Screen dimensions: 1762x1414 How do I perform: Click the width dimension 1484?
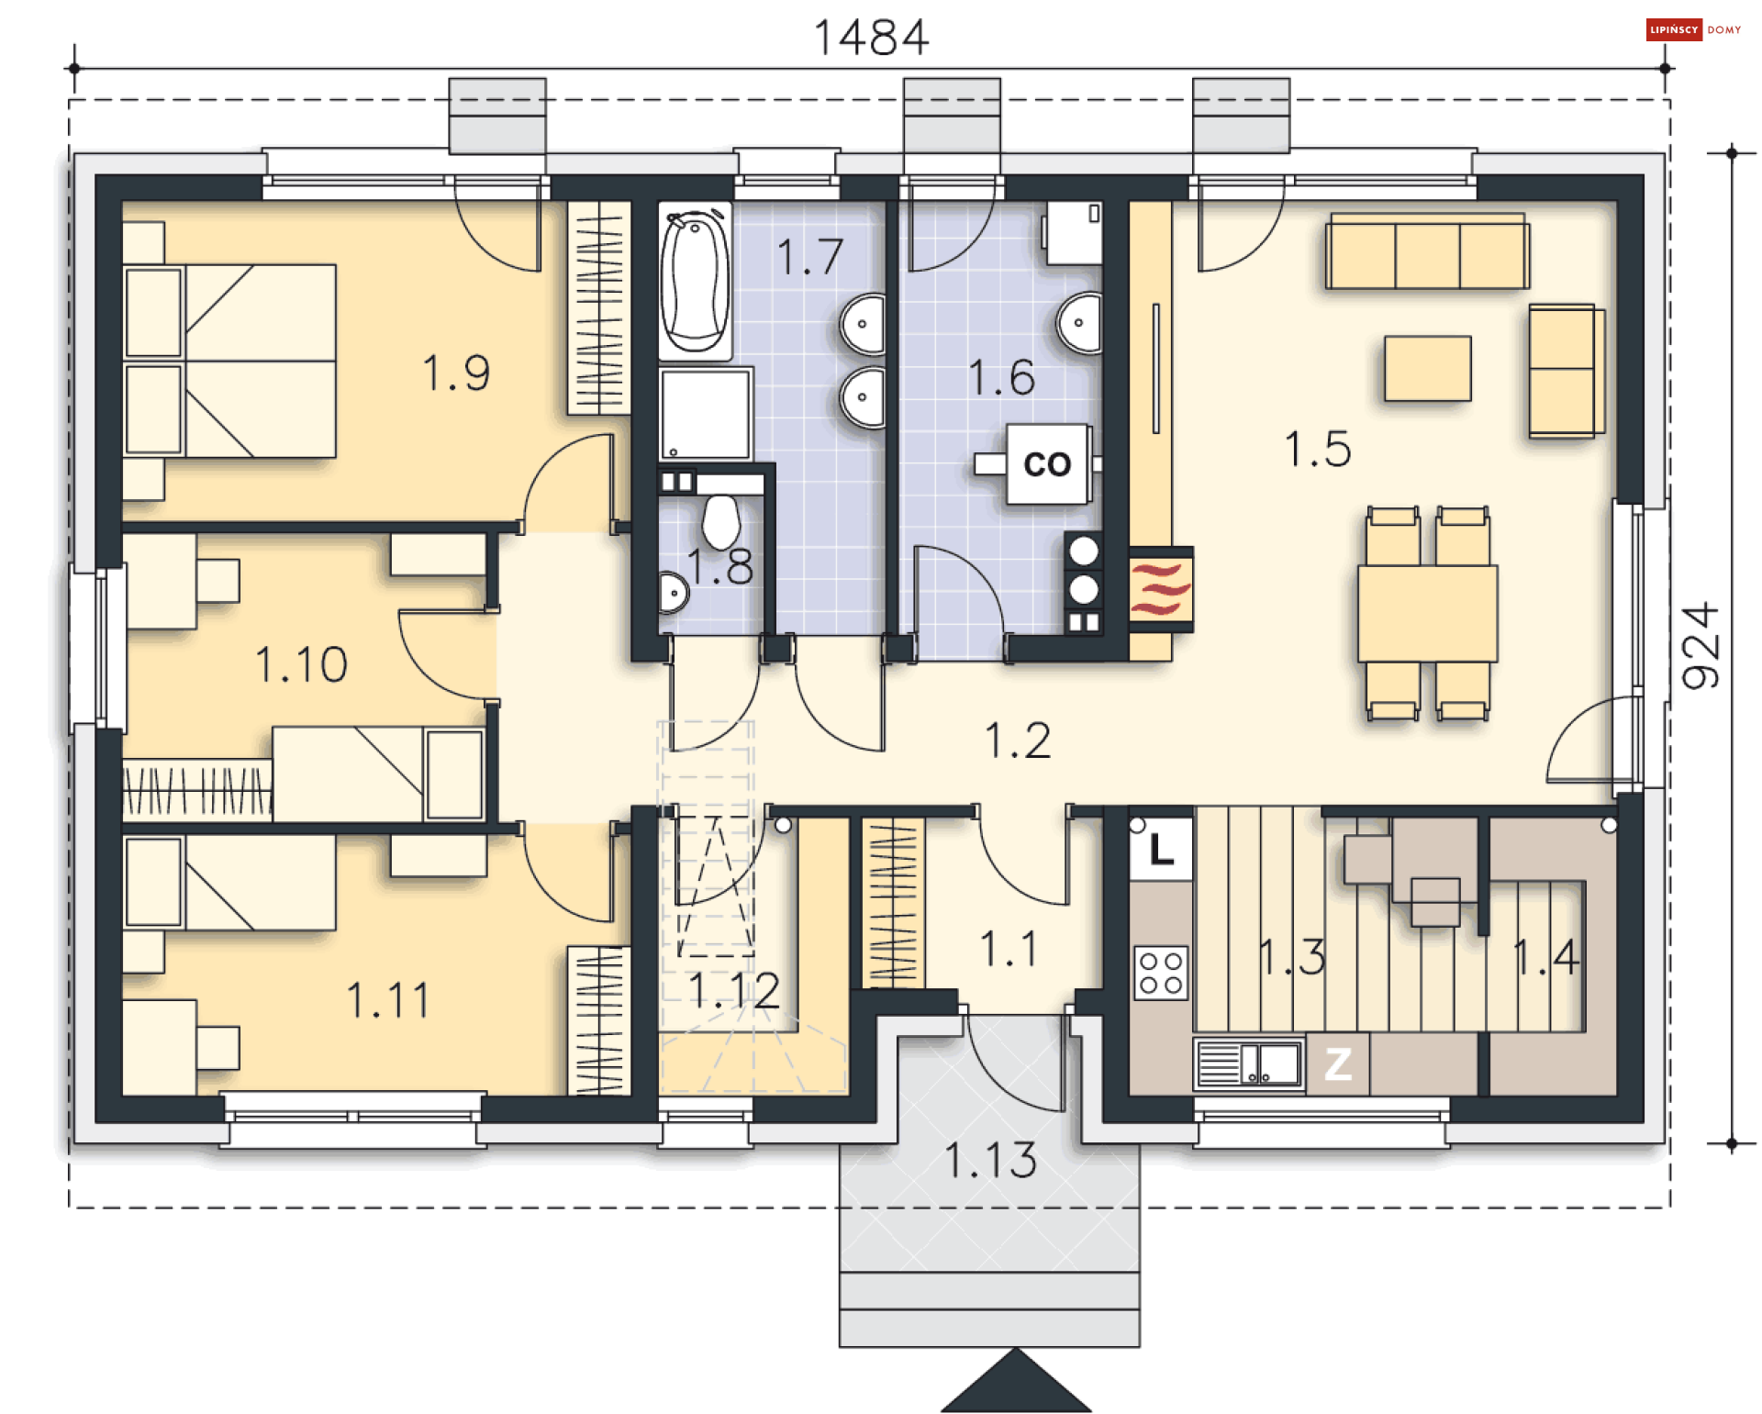pyautogui.click(x=871, y=38)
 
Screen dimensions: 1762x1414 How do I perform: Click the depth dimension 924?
pyautogui.click(x=1701, y=645)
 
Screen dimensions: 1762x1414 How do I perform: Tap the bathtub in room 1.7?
pyautogui.click(x=696, y=281)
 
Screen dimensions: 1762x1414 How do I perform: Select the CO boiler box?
pyautogui.click(x=1048, y=463)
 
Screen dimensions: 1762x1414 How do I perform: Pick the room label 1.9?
pyautogui.click(x=456, y=373)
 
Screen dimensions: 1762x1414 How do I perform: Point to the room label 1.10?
pyautogui.click(x=301, y=664)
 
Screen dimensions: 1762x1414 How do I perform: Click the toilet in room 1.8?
pyautogui.click(x=721, y=521)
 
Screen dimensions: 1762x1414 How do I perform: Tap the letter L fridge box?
pyautogui.click(x=1161, y=849)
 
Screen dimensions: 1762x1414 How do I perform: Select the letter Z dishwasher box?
pyautogui.click(x=1338, y=1063)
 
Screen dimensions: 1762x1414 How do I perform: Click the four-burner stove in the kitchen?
pyautogui.click(x=1161, y=973)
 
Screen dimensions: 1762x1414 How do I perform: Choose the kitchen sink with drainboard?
pyautogui.click(x=1249, y=1064)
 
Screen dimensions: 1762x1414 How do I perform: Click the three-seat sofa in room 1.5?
pyautogui.click(x=1427, y=251)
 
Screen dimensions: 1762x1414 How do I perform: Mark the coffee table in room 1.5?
pyautogui.click(x=1428, y=368)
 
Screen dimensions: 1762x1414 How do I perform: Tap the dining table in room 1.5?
pyautogui.click(x=1427, y=613)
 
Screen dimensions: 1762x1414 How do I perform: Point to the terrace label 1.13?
pyautogui.click(x=991, y=1160)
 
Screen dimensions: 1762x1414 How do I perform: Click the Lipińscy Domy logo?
pyautogui.click(x=1693, y=29)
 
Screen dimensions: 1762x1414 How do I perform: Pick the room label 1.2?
pyautogui.click(x=1018, y=740)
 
